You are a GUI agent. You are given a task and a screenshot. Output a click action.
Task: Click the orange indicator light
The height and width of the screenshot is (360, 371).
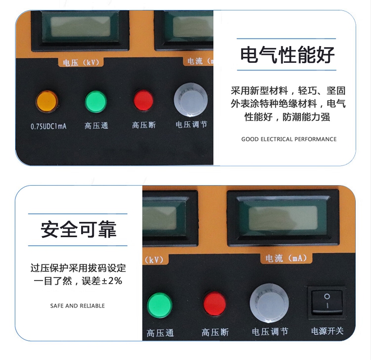[47, 102]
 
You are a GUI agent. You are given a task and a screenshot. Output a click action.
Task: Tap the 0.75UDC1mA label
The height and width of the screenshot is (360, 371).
[48, 126]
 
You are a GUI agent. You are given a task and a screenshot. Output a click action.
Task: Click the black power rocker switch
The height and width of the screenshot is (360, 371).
[327, 303]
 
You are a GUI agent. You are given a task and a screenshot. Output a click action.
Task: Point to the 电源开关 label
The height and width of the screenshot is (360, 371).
[327, 331]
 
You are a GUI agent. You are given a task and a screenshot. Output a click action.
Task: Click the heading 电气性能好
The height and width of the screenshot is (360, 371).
[287, 54]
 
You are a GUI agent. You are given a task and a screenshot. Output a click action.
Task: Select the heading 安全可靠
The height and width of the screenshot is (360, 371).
[78, 229]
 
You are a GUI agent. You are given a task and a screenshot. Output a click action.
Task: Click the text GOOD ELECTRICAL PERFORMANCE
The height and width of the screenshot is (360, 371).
[289, 139]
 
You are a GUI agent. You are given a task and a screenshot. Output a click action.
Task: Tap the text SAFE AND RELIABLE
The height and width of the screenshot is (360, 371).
[77, 306]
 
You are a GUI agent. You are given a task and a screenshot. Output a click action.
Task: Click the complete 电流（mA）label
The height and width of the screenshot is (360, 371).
[286, 258]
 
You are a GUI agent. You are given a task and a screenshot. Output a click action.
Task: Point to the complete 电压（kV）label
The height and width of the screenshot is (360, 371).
[81, 62]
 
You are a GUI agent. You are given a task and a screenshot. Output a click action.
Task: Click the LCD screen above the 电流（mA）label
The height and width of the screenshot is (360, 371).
[283, 218]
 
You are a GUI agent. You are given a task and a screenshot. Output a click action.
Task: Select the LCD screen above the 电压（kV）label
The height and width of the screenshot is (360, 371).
[81, 26]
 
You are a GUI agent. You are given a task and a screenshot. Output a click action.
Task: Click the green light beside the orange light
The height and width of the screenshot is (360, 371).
[96, 102]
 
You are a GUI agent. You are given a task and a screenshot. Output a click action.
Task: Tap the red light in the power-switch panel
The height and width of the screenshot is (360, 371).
[215, 304]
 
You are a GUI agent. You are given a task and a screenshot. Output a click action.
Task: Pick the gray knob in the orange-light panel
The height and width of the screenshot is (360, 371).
[191, 100]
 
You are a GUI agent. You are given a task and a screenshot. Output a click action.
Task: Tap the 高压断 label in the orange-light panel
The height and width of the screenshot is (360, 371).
[144, 125]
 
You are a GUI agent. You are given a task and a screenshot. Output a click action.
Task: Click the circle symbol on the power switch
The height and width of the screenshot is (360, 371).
[327, 296]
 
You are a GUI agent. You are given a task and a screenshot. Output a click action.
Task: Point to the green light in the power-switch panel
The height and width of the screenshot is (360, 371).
[159, 306]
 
